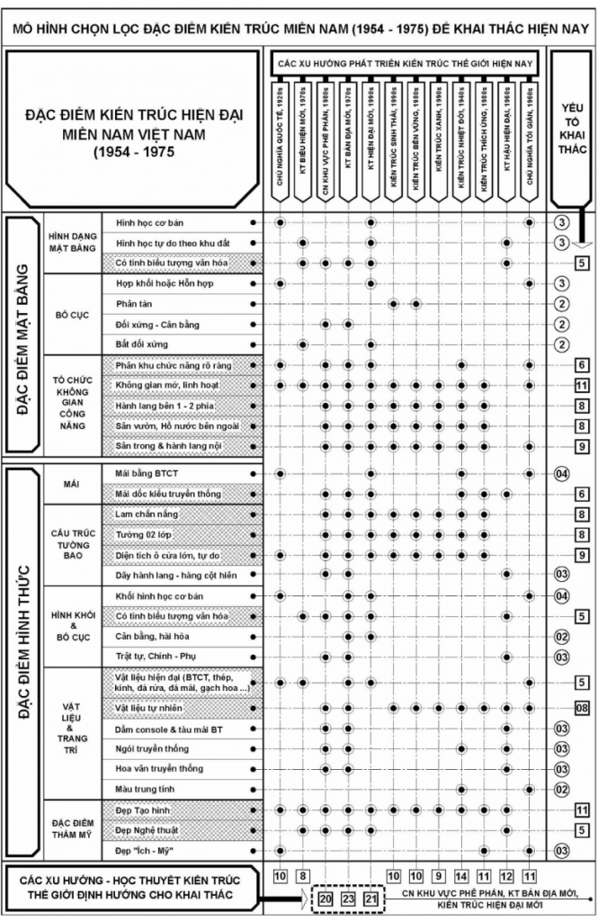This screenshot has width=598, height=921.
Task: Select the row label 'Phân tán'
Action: pyautogui.click(x=132, y=304)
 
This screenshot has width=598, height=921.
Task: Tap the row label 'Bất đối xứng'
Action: pyautogui.click(x=142, y=344)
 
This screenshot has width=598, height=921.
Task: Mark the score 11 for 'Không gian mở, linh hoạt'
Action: pyautogui.click(x=582, y=386)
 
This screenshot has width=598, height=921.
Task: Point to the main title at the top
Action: pyautogui.click(x=299, y=28)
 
